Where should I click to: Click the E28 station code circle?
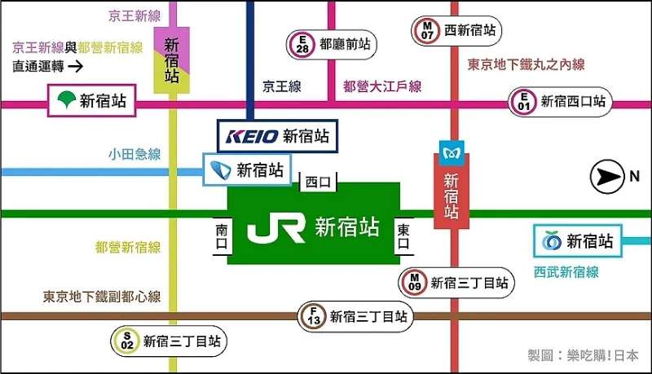pos(302,43)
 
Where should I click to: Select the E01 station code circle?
pos(521,102)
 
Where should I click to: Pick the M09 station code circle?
pos(413,283)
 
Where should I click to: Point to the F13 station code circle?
pos(312,316)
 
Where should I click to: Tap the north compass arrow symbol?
pos(606,176)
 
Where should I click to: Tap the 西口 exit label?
pos(316,183)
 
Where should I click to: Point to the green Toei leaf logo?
pos(66,101)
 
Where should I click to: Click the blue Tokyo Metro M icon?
pos(452,153)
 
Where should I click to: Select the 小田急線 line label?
pos(134,154)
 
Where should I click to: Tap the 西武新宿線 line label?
pos(566,272)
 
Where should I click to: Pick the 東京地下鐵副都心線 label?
pos(102,297)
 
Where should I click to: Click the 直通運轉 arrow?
pos(75,65)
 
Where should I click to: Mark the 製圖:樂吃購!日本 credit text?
pos(584,355)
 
